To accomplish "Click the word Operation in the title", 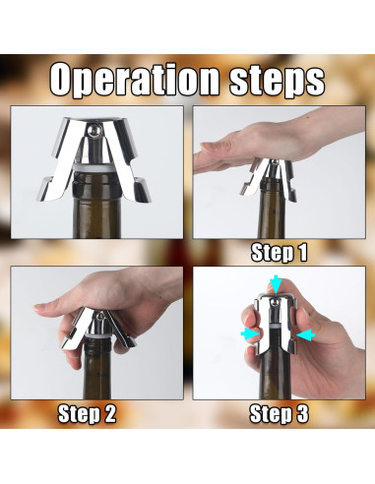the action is coord(134,81).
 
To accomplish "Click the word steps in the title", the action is coord(278,81).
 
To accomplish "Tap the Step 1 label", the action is coord(280,253).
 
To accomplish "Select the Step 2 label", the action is coord(87,413).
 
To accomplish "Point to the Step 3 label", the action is coord(280,413).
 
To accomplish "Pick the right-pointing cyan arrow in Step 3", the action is coord(250,334).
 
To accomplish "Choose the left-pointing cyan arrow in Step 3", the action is coord(305,335).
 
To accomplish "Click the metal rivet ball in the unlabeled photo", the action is coord(94,130).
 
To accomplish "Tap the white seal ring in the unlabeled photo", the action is coord(96,168).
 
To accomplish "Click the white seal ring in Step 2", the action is coord(99,337).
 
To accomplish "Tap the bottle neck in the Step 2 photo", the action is coord(97,370).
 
